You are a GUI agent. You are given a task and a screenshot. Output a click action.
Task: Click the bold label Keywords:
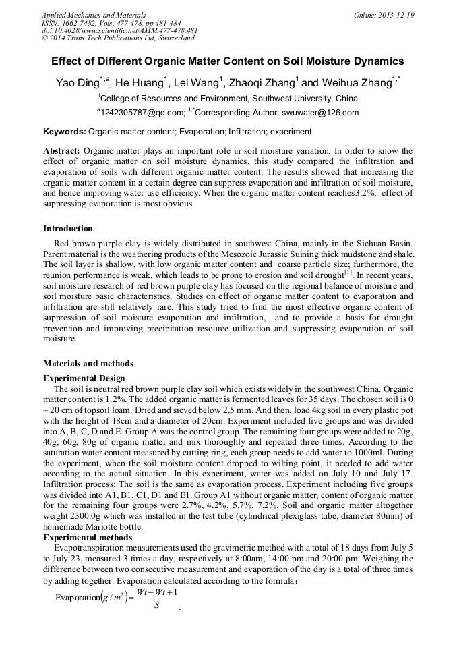point(65,132)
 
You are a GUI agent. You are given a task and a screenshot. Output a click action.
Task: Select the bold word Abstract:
point(62,151)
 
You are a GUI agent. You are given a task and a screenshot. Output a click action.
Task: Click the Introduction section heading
point(68,229)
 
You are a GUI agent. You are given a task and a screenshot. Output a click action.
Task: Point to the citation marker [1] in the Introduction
point(348,272)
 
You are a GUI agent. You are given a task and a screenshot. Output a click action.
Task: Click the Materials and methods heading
point(88,364)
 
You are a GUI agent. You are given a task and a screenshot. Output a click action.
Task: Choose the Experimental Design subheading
point(84,378)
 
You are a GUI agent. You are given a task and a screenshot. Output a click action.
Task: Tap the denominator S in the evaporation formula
point(156,604)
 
